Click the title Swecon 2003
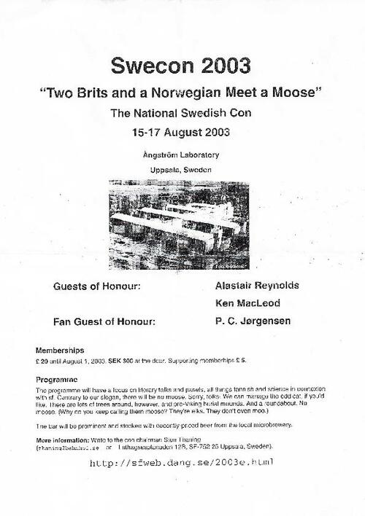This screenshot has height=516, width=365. (182, 66)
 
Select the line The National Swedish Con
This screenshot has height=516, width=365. (182, 114)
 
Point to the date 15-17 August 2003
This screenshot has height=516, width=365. (182, 133)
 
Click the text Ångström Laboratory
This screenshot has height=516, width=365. (182, 154)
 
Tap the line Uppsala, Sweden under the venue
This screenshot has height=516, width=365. (182, 169)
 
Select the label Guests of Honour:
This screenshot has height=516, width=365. (96, 286)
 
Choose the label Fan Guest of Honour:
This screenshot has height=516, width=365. (105, 321)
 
